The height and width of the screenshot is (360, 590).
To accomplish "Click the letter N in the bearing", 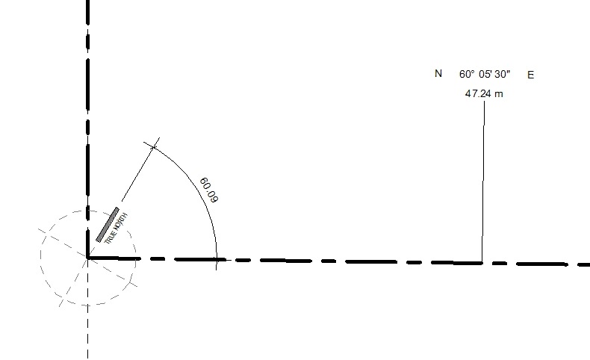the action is [438, 73].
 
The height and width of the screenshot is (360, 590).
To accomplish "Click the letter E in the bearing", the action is [530, 75].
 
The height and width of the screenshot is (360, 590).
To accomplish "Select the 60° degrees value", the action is [467, 74].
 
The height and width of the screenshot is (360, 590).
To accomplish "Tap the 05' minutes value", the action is [485, 74].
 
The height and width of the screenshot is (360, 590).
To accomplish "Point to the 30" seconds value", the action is [503, 74].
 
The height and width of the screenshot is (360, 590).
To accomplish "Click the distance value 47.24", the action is [478, 93].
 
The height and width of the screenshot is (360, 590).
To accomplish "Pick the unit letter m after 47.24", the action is [499, 94].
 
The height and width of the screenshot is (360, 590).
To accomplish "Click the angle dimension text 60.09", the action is [209, 190].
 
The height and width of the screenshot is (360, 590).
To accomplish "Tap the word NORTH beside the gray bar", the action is [120, 223].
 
